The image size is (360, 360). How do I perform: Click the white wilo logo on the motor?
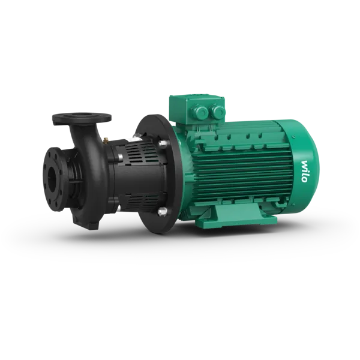(304, 171)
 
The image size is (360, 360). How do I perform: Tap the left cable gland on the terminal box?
(202, 111)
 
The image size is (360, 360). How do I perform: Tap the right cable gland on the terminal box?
(218, 112)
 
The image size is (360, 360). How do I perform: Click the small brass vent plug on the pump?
(106, 140)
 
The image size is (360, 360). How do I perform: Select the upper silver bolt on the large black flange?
(163, 144)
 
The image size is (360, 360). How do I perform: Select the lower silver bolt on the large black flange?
(162, 211)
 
